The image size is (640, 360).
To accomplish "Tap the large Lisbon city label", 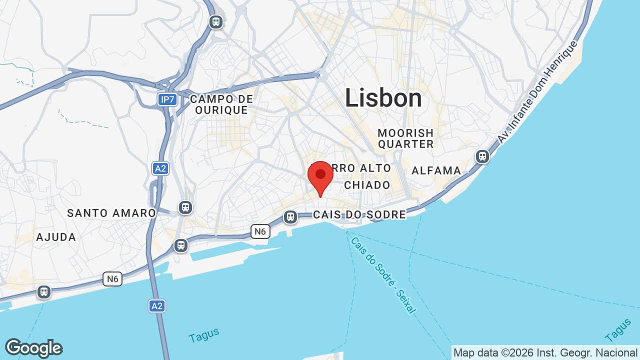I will [x=383, y=98].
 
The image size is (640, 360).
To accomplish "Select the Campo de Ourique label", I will [x=221, y=104].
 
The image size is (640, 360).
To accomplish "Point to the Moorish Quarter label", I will [x=405, y=138].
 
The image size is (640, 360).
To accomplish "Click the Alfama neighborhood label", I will [x=436, y=170].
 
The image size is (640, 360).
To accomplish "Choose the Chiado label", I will [x=367, y=185].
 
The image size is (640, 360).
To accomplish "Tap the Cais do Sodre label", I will [x=359, y=214].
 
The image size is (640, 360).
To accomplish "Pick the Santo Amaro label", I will [x=111, y=213].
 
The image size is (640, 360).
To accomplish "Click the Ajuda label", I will [x=56, y=237].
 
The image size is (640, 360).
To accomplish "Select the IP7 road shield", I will [x=167, y=99].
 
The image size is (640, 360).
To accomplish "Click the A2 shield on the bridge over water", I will [x=157, y=305].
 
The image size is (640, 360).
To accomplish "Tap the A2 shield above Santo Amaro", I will [x=160, y=168].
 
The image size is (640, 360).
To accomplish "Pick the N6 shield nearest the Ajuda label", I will [x=112, y=278].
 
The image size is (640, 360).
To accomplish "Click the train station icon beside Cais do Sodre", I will [x=290, y=217].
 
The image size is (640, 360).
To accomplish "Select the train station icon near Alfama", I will [x=482, y=156].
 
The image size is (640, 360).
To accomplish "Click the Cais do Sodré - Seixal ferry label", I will [x=383, y=275].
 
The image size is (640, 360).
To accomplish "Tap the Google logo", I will [x=33, y=348].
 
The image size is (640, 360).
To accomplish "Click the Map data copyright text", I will [x=545, y=352].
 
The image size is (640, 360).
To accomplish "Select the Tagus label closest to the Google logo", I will [x=204, y=335].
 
